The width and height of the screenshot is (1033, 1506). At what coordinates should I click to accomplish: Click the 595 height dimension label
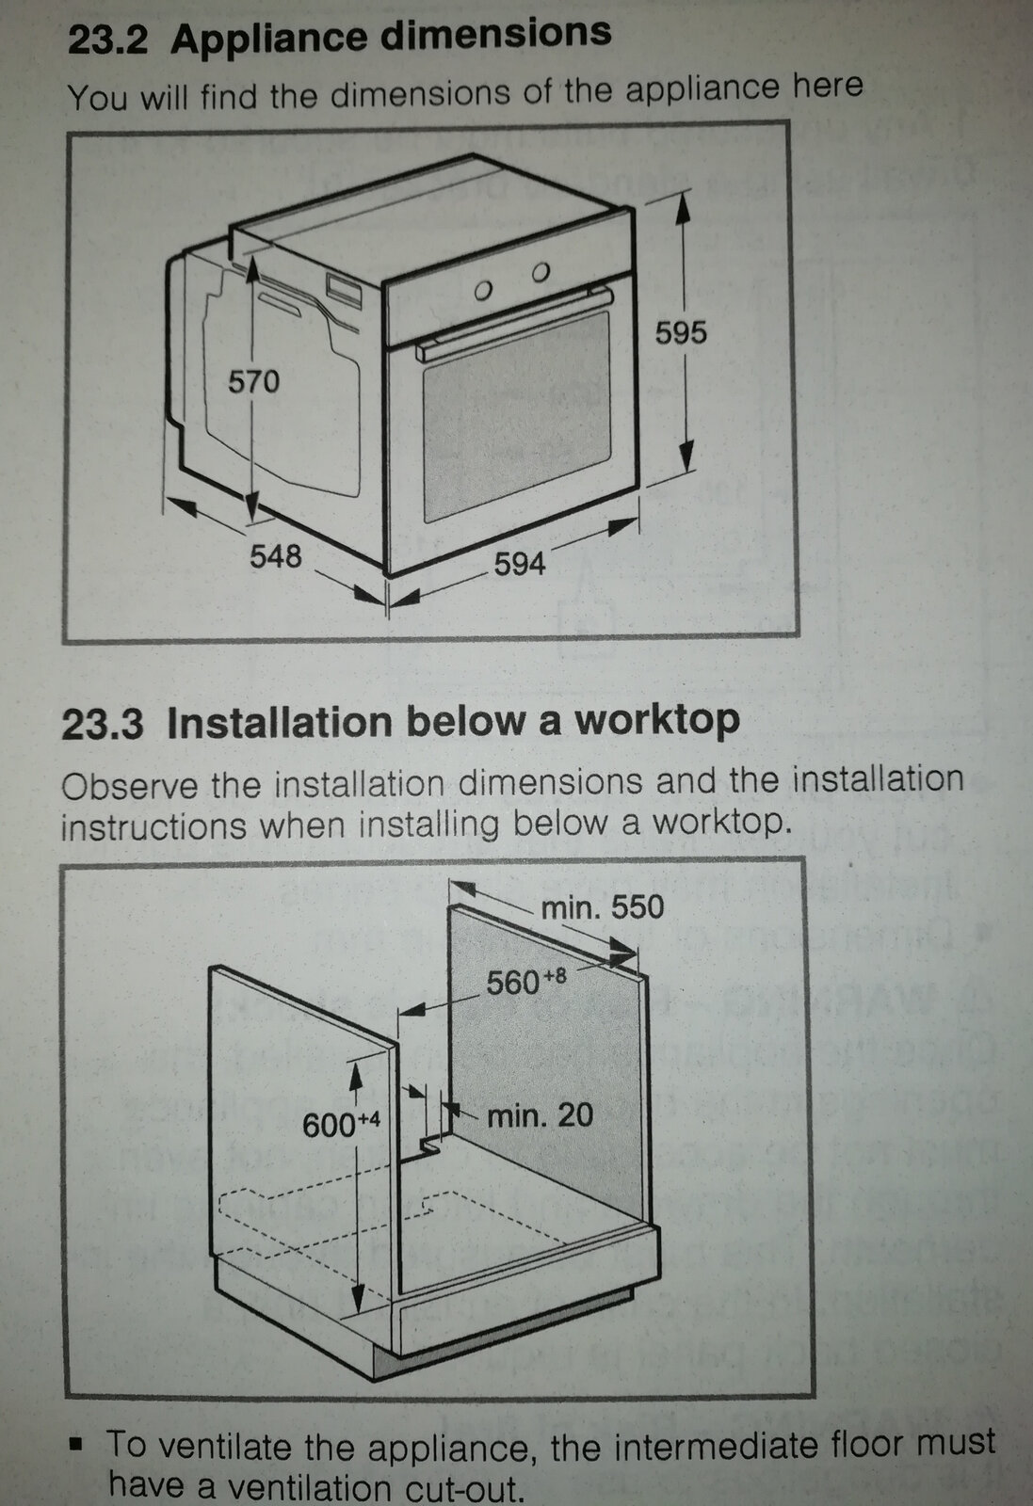coord(680,333)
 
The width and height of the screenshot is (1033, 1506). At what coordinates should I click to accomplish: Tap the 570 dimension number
coord(253,382)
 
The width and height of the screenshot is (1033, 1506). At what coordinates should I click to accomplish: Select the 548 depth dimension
coord(275,556)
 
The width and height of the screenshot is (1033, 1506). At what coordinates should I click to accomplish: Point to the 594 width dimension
coord(520,564)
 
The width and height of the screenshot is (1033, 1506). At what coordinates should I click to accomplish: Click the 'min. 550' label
coord(602,907)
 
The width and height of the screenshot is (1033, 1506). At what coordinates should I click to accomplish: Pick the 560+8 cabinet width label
coord(525,982)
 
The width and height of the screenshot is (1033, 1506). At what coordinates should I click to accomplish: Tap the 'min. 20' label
coord(540,1115)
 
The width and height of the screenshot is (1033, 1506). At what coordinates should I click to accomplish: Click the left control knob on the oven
coord(484,291)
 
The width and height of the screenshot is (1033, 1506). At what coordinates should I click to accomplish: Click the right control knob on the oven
coord(540,272)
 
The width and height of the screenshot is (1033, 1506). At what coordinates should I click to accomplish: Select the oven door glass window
coord(515,414)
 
